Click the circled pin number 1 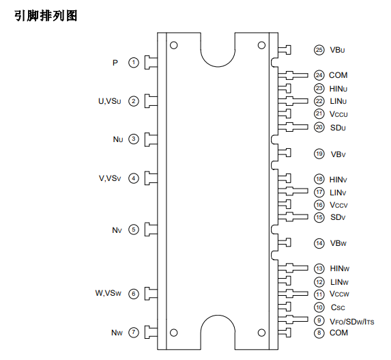(x=134, y=62)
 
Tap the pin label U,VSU (x=110, y=101)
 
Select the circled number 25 (x=319, y=50)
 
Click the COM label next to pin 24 (x=338, y=75)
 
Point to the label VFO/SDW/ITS (x=352, y=322)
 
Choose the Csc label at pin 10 (x=338, y=307)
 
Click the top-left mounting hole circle (x=173, y=46)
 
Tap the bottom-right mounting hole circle (x=261, y=333)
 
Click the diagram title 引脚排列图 (x=46, y=16)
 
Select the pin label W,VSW (x=108, y=293)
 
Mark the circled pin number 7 (x=134, y=332)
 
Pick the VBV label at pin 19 (x=338, y=154)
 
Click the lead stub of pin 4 (x=151, y=178)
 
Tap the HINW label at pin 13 (x=340, y=268)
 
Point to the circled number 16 (x=319, y=205)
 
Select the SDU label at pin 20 (x=338, y=128)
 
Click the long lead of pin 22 (x=293, y=101)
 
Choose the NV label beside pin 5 (x=117, y=230)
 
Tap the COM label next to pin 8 (x=338, y=333)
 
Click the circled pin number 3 (x=134, y=139)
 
